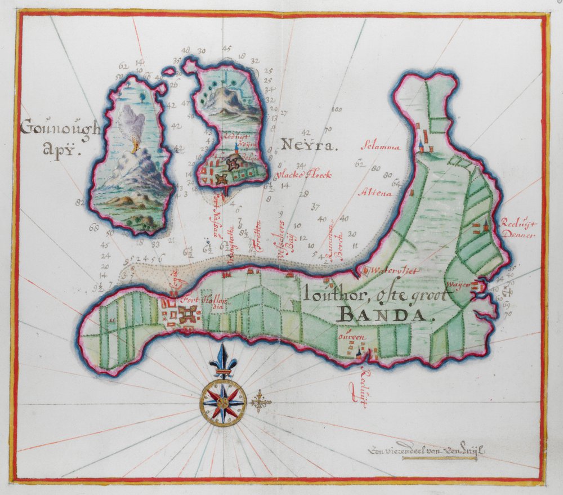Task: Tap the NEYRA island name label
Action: pos(309,148)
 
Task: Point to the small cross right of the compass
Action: pos(259,402)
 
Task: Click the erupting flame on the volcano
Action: pos(134,147)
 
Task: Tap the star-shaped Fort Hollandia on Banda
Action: pos(186,313)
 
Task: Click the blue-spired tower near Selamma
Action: pos(420,144)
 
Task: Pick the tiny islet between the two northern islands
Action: pos(168,72)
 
